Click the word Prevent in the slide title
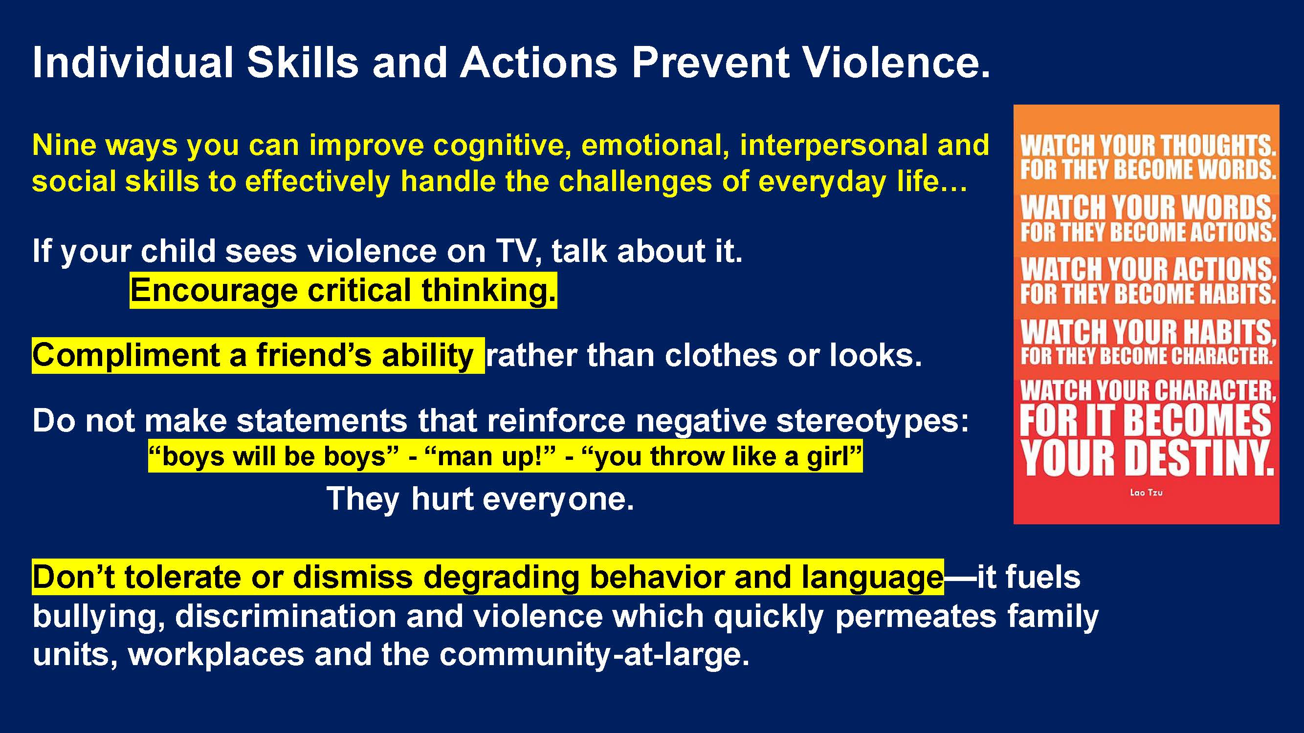tap(710, 63)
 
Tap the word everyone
tap(558, 500)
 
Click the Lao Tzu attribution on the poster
tap(1146, 492)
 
